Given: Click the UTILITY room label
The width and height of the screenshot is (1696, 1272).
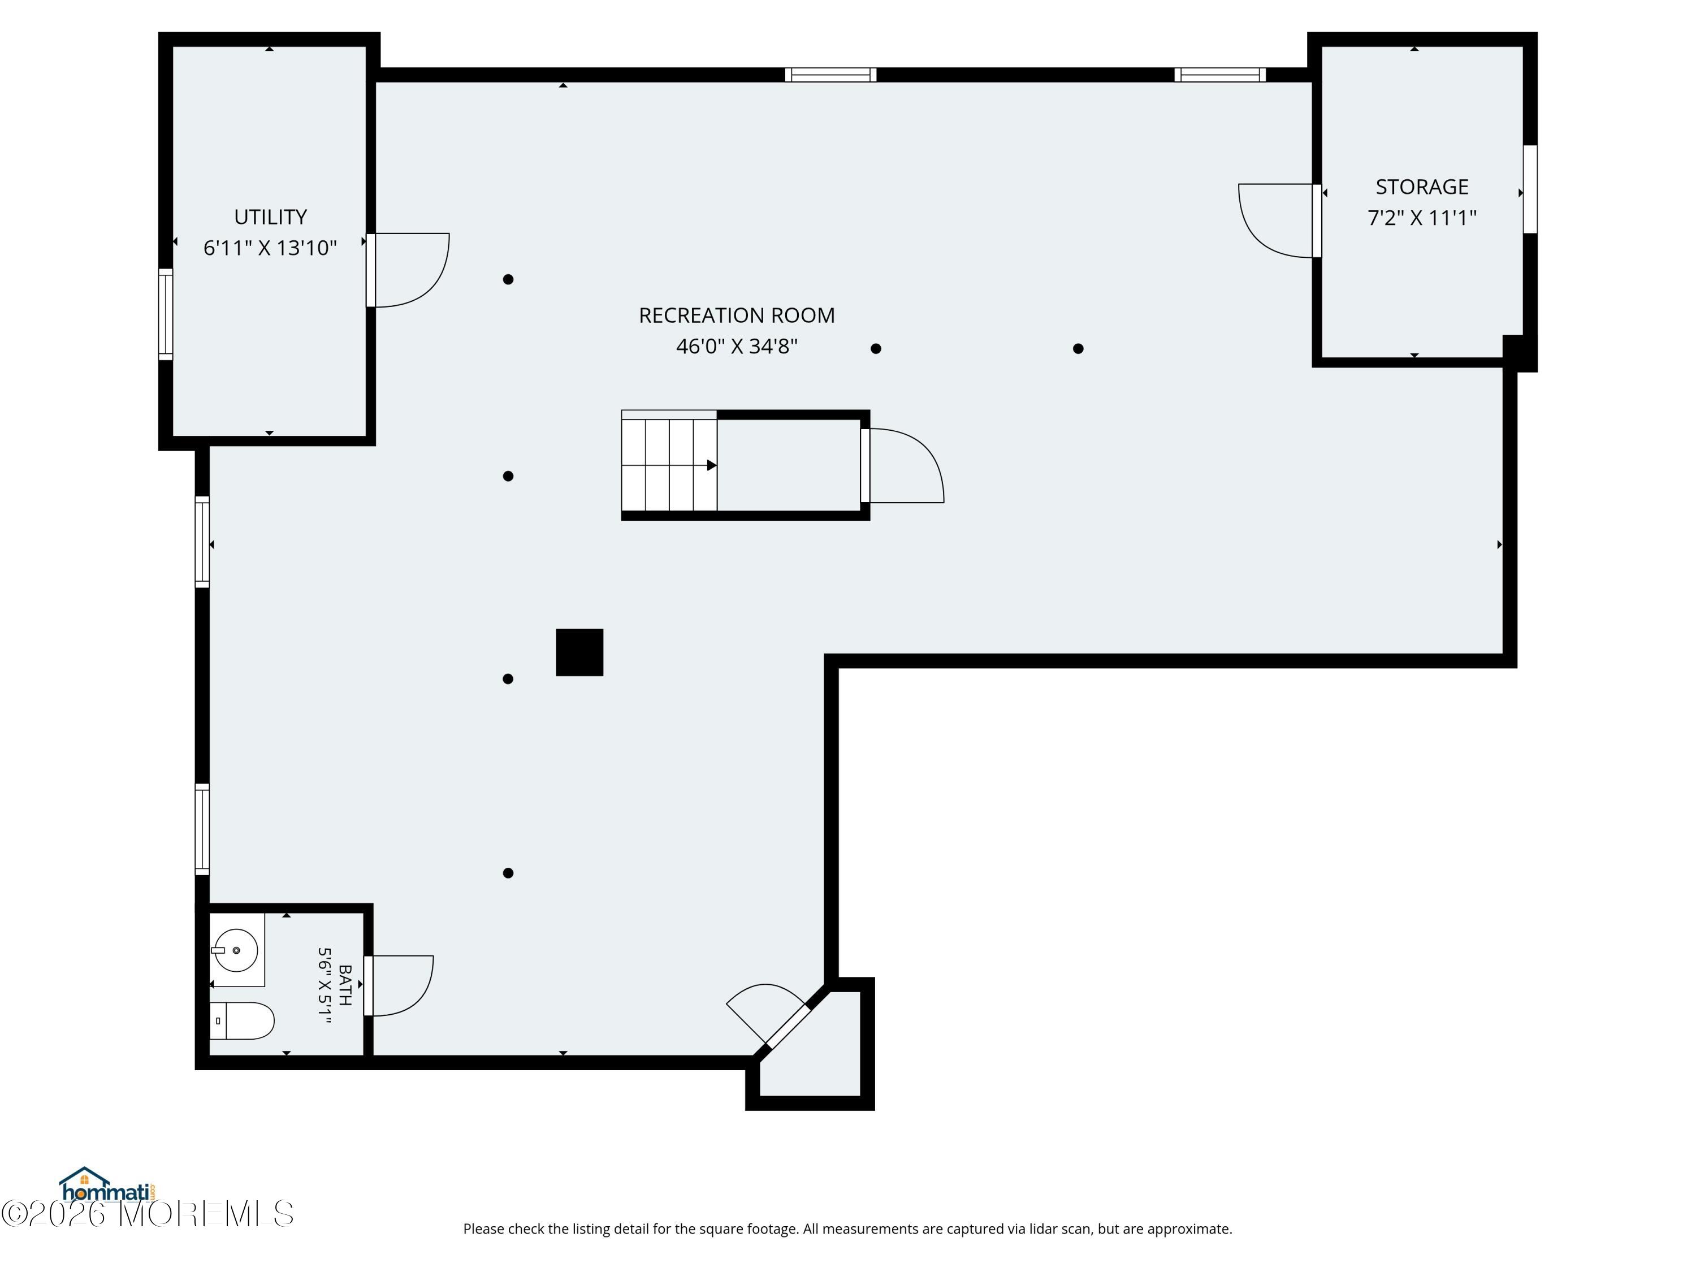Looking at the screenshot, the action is pos(270,217).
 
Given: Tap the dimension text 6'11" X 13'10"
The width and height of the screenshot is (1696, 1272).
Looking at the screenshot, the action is pos(270,248).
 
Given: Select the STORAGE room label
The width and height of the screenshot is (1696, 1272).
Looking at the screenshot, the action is pos(1421,187).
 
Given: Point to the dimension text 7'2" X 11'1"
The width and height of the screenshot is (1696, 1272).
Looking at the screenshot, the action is pos(1421,218).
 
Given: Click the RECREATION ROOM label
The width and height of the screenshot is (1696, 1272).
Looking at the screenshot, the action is pos(737,315).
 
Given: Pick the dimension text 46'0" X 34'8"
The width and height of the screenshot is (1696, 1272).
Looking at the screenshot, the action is pos(737,347).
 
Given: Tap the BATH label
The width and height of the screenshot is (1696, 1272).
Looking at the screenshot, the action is pos(345,985).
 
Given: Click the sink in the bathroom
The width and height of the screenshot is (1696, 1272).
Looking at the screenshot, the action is pos(235,950).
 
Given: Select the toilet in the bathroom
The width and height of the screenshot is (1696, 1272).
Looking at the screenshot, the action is pos(241,1020).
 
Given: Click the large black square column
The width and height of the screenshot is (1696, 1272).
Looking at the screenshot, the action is pos(579,652).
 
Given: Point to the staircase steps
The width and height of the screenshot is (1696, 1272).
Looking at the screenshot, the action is pos(669,465).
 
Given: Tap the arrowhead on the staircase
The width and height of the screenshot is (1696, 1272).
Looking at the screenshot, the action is pos(712,465).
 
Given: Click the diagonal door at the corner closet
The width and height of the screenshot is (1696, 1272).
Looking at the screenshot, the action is pos(788,1026).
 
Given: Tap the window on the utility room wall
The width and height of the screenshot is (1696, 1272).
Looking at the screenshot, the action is pos(166,314).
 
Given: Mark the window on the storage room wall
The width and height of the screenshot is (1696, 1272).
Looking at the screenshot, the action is pos(1530,189).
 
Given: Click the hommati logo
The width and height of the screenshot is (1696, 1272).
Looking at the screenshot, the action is pos(108,1186).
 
